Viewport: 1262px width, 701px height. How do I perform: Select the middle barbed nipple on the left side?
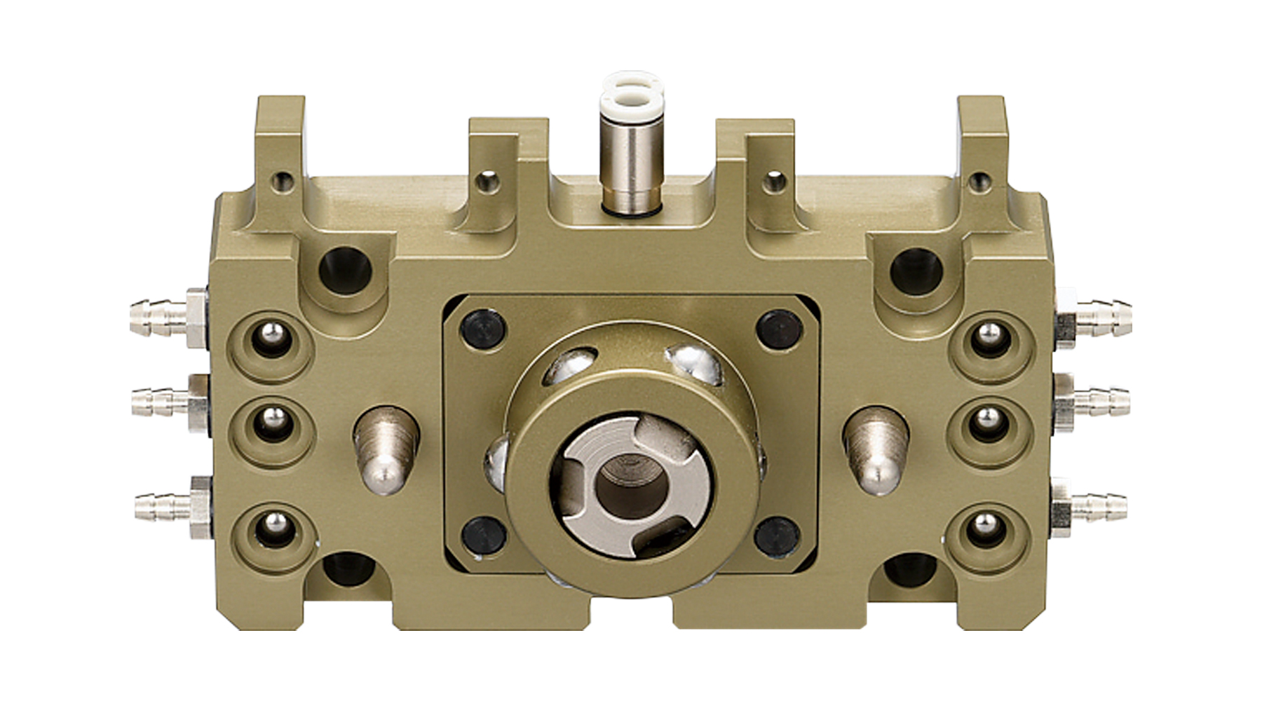(x=160, y=401)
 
